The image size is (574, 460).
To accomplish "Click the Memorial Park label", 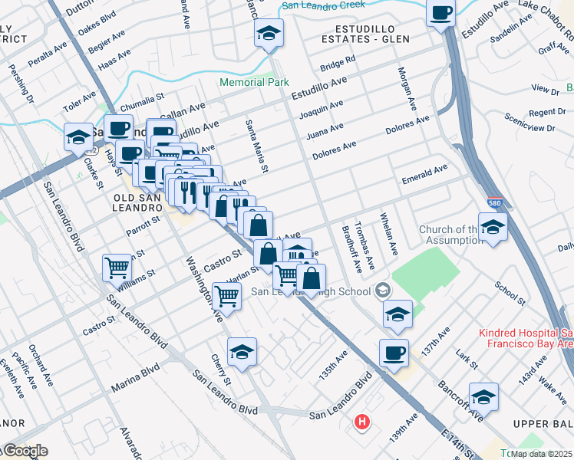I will click(x=254, y=82).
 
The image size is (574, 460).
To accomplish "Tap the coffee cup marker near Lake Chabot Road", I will click(x=441, y=13).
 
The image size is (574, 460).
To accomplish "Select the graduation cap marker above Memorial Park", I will click(x=269, y=34).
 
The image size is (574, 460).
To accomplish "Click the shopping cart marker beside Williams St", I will click(x=117, y=268).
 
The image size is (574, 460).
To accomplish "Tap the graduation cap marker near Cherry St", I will click(x=242, y=352).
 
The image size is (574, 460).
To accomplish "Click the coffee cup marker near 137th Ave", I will click(x=394, y=353).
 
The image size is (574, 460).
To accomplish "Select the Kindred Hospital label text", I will click(x=526, y=339).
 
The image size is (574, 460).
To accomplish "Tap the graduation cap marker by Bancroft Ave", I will click(x=483, y=397).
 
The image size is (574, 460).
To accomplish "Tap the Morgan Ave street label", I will click(x=407, y=88).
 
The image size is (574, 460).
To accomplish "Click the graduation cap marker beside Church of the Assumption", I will click(x=493, y=226).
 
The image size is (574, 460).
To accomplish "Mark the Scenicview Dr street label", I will click(x=530, y=122).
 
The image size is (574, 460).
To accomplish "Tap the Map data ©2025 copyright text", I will click(x=541, y=454).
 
